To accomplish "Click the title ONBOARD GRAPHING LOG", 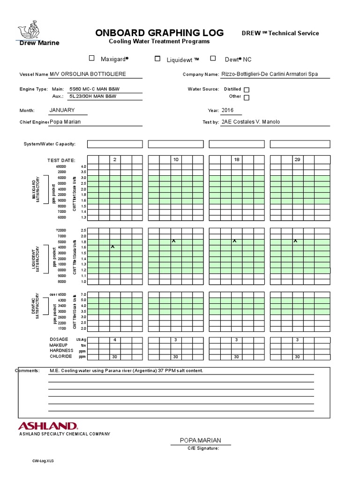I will (159, 33).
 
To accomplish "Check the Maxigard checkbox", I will (92, 59).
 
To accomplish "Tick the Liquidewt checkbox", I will (157, 59).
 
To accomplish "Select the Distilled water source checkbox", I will (247, 90).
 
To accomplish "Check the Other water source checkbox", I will (247, 97).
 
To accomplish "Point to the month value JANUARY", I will (62, 110).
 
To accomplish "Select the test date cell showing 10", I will (176, 160).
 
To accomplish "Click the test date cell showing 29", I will (297, 160).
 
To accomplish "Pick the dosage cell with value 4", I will (114, 339).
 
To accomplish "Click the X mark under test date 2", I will (112, 246).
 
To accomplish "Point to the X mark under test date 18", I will (234, 241).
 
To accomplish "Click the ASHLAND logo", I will (48, 426).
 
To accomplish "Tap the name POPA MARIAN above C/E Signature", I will (200, 440).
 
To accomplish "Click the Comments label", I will (28, 370).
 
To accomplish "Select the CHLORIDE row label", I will (61, 356).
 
